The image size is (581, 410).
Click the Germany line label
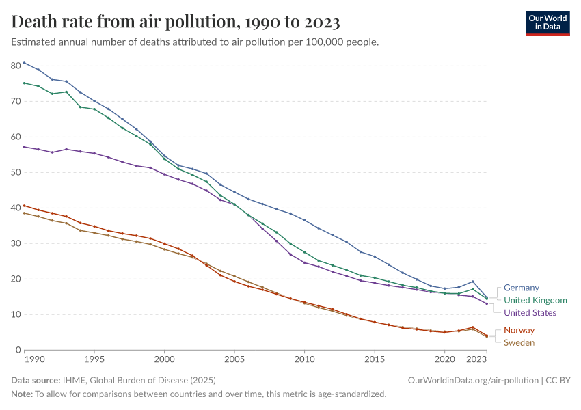pos(522,288)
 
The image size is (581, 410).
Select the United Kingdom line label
pos(535,300)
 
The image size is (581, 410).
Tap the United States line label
pos(530,312)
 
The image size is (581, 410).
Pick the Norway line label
pos(519,330)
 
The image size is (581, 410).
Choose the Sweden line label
pos(519,342)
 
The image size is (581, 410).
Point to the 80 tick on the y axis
pos(16,66)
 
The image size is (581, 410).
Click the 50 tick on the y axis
pos(16,172)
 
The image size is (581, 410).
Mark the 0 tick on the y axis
pos(18,350)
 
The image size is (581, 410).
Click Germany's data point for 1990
pos(25,63)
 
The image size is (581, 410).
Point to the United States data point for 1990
pos(25,147)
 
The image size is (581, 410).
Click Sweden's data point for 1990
pos(25,213)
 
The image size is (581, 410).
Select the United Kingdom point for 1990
pos(25,83)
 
